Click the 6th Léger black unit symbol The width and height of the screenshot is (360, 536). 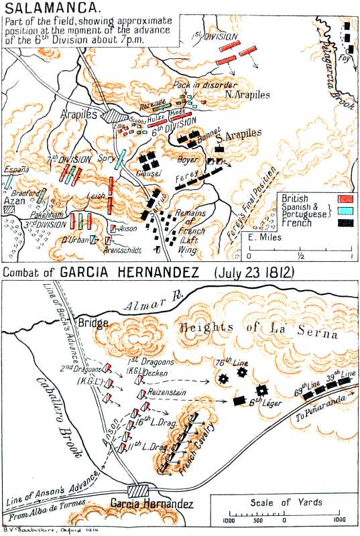(x=240, y=401)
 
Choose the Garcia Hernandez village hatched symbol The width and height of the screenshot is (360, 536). (x=142, y=491)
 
